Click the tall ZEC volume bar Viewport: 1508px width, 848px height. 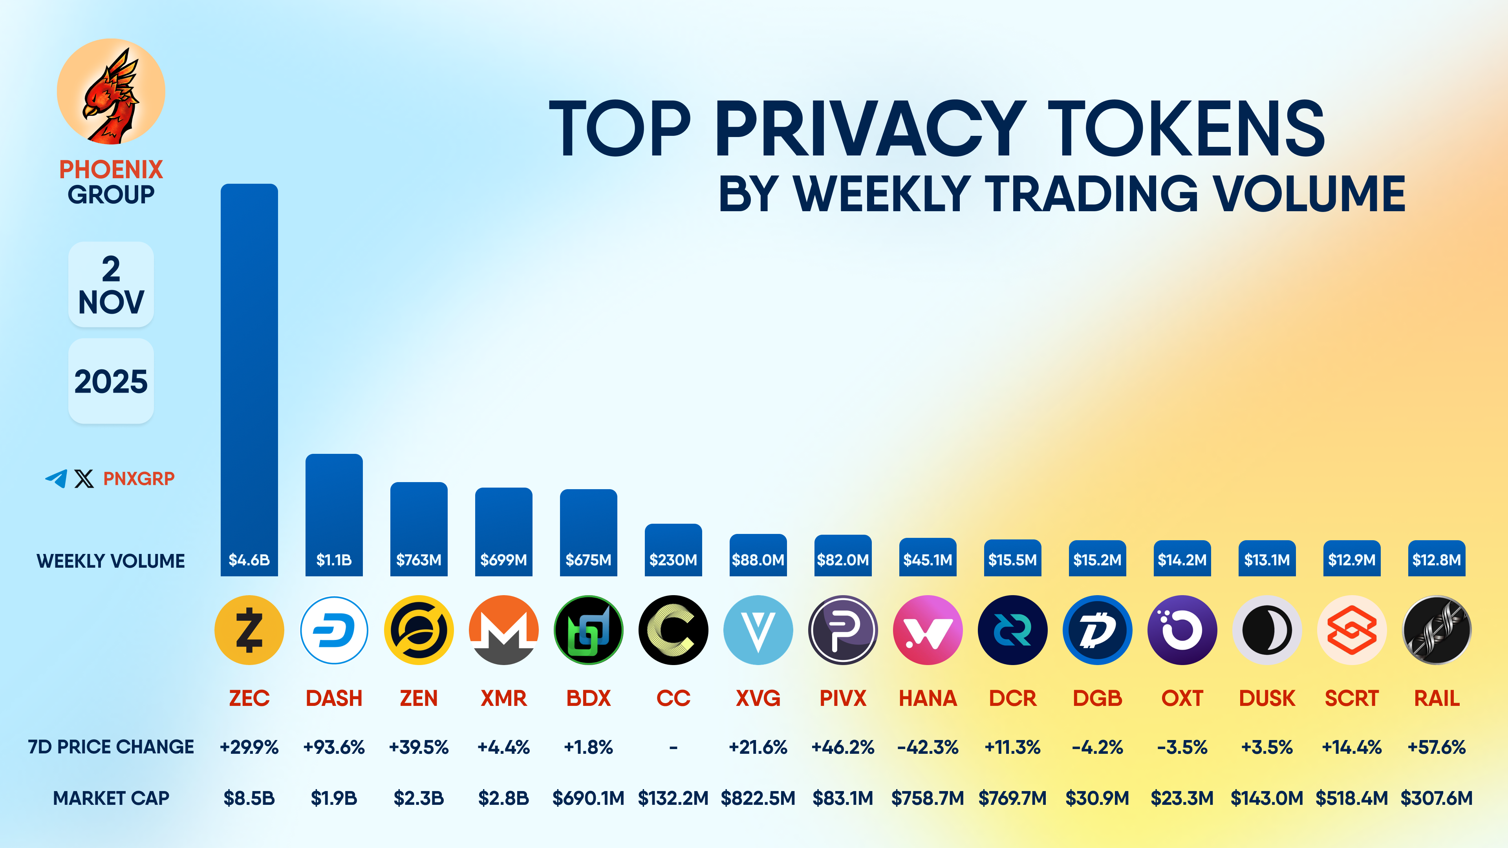(x=249, y=375)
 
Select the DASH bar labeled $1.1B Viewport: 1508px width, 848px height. (x=334, y=515)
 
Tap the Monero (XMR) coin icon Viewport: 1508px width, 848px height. (x=503, y=630)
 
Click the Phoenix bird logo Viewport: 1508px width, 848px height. (x=111, y=92)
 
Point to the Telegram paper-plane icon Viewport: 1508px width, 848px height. (x=56, y=478)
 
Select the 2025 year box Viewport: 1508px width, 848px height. (x=111, y=381)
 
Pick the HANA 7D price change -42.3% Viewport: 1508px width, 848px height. (x=927, y=747)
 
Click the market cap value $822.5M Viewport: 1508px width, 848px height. (x=758, y=798)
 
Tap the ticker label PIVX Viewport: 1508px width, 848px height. (x=842, y=698)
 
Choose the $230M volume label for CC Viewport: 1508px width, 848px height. (x=673, y=560)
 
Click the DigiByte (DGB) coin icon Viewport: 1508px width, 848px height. (x=1097, y=630)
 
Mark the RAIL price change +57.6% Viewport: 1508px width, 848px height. (x=1436, y=747)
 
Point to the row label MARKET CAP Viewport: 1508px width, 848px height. (x=111, y=798)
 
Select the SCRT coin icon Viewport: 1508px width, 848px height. (x=1352, y=630)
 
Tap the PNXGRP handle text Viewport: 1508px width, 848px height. (x=139, y=479)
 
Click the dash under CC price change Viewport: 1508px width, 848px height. (x=673, y=747)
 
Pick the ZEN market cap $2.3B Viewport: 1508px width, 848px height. (x=419, y=798)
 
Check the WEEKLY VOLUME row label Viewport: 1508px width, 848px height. (x=111, y=561)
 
